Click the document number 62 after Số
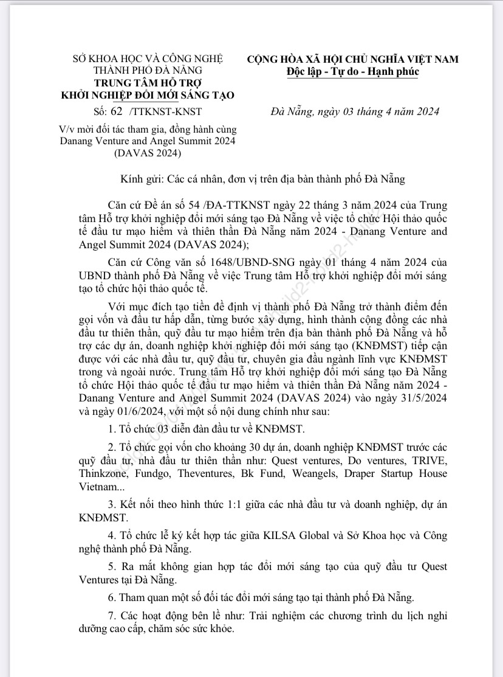pyautogui.click(x=117, y=112)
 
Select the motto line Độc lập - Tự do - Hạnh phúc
pyautogui.click(x=352, y=72)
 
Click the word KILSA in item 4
pyautogui.click(x=284, y=535)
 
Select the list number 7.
pyautogui.click(x=111, y=616)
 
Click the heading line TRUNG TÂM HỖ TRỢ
pyautogui.click(x=148, y=83)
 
